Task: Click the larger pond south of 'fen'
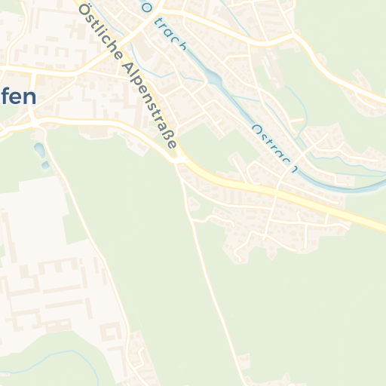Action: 38,151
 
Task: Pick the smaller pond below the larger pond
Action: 45,164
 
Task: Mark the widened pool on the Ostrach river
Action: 213,78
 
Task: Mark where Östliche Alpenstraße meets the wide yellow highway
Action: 179,159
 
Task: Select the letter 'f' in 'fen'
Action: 5,98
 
